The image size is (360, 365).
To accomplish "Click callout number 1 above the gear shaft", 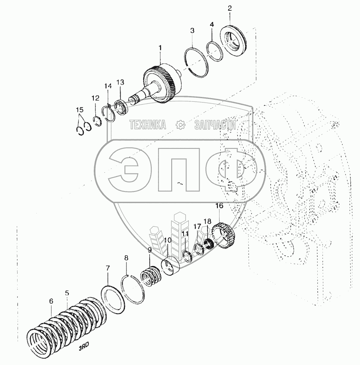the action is point(160,48).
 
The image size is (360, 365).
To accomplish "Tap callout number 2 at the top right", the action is point(229,8).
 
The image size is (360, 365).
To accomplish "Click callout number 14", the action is point(108,86).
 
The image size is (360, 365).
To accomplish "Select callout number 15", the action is point(80,110).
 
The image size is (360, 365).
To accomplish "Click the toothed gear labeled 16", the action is point(224,237).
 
